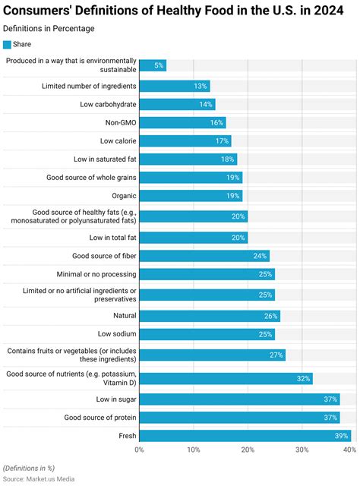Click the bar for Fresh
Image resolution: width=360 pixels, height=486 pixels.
pos(245,436)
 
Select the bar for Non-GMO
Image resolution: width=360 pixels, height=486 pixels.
pos(182,122)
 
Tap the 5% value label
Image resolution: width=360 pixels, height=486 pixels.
pos(158,66)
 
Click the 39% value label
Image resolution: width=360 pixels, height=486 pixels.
pos(341,436)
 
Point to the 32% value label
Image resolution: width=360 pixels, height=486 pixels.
pos(302,378)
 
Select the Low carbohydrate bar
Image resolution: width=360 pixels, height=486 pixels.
pos(177,104)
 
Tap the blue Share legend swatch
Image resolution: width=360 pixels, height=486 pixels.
pos(8,44)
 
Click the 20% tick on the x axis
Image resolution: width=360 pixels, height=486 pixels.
pos(248,450)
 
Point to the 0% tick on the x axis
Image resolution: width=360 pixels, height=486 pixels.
pos(140,450)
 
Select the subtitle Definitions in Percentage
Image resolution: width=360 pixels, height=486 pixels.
pos(49,28)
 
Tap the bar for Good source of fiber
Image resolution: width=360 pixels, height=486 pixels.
pos(204,256)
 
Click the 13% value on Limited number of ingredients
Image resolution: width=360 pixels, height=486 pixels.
pos(201,86)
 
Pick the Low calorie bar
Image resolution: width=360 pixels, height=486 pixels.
pos(185,140)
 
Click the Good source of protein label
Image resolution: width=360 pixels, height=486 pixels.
pos(100,418)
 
